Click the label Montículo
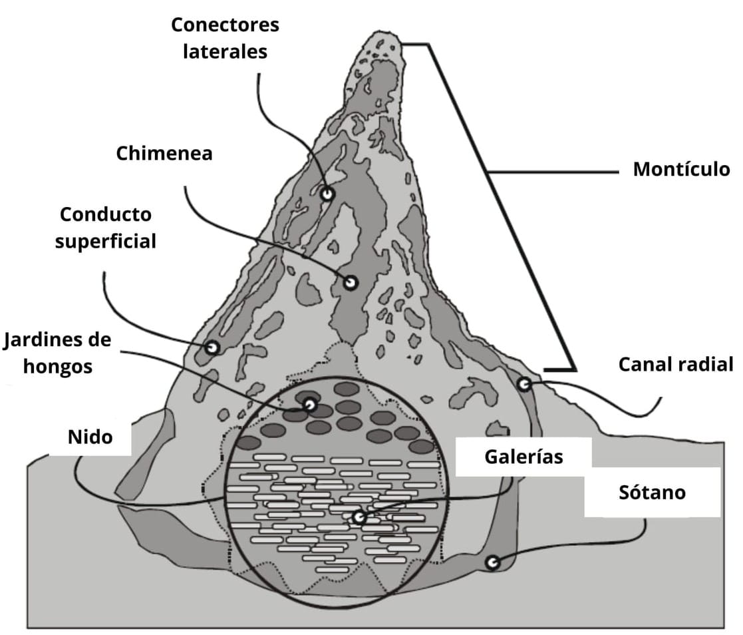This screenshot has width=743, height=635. [x=680, y=169]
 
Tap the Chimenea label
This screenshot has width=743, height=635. [x=164, y=154]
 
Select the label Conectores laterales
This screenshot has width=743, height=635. [x=225, y=38]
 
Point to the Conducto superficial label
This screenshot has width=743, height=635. [x=106, y=227]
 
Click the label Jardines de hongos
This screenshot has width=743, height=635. [x=57, y=353]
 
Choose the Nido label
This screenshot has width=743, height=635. [x=90, y=437]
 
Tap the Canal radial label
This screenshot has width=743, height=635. [x=676, y=365]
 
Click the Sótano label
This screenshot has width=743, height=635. [x=651, y=493]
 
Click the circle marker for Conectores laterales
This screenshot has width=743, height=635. [x=327, y=194]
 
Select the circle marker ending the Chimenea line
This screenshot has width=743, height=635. [x=350, y=283]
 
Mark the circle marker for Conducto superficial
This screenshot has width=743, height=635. [x=212, y=347]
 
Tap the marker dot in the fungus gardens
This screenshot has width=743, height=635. [x=309, y=404]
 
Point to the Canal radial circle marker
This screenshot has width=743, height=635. [x=524, y=384]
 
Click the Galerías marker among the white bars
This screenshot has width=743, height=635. [x=359, y=517]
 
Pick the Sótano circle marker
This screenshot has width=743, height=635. [x=492, y=562]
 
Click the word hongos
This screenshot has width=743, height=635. [x=57, y=366]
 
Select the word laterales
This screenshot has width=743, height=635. [x=225, y=51]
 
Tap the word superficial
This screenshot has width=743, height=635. [x=106, y=240]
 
